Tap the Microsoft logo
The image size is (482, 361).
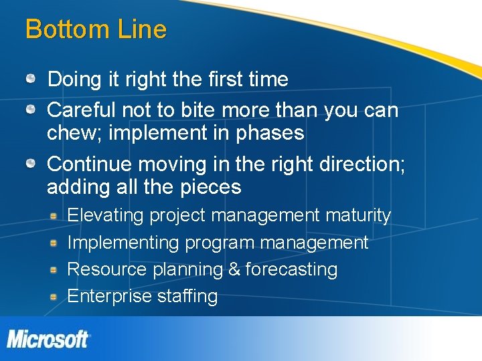click(48, 338)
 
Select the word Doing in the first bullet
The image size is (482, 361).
click(70, 80)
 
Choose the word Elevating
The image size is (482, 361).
click(106, 216)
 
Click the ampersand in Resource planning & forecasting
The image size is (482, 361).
click(234, 269)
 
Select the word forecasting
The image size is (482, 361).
click(291, 269)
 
